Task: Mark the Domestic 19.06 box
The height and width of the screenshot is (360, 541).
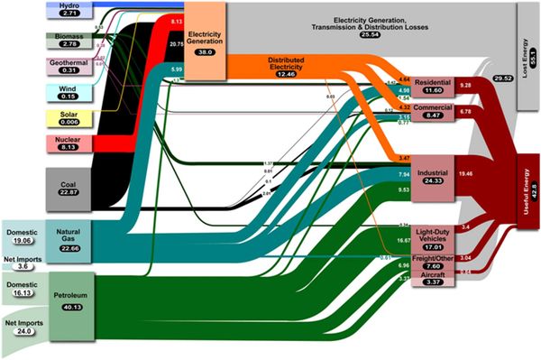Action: [x=22, y=237]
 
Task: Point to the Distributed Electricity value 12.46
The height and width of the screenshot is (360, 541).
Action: [x=284, y=71]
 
